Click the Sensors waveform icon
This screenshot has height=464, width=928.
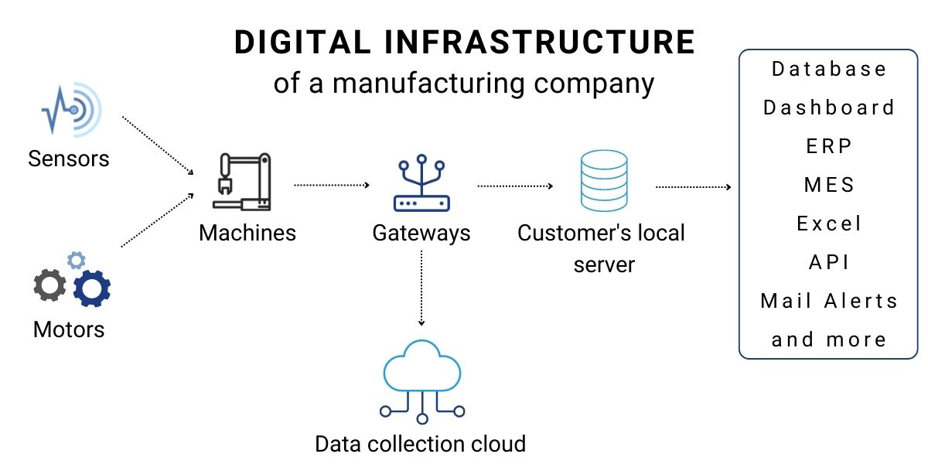[71, 111]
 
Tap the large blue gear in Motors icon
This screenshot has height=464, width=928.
[92, 288]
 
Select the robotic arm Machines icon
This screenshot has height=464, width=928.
[242, 182]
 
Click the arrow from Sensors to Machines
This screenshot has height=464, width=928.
[158, 146]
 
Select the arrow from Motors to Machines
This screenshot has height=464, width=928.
[158, 220]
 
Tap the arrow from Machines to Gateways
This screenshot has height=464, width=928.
[332, 186]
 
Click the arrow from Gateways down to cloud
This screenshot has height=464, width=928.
[421, 288]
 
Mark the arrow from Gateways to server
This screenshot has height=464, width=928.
[515, 186]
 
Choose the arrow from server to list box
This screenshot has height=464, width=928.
[693, 186]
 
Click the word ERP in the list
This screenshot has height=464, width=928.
[828, 146]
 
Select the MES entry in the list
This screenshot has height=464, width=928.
[828, 185]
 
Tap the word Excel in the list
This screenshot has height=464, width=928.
[828, 223]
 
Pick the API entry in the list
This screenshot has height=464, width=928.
[828, 262]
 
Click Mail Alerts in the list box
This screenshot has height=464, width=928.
[828, 301]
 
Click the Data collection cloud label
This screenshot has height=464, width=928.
[420, 444]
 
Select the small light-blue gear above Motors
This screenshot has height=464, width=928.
[76, 260]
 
